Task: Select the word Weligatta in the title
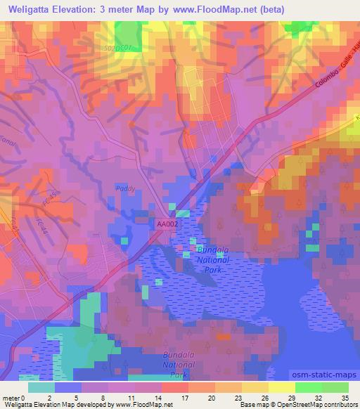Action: point(32,9)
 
